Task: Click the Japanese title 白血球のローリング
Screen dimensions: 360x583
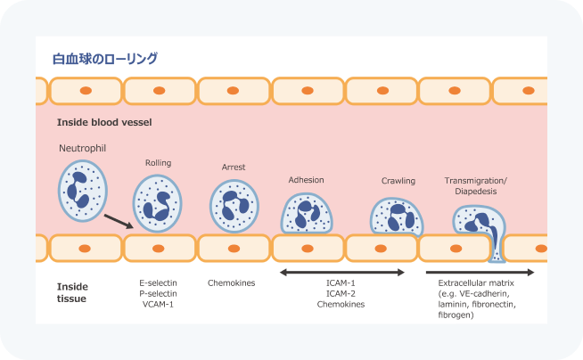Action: click(x=105, y=59)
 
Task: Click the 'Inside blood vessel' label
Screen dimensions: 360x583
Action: click(x=104, y=120)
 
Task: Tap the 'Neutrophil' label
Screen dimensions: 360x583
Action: click(x=83, y=148)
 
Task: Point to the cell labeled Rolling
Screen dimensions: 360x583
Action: click(x=158, y=202)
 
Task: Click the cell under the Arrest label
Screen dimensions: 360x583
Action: click(x=234, y=205)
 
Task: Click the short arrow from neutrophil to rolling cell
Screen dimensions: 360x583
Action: click(x=119, y=220)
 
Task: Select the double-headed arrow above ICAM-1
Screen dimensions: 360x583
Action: click(x=342, y=272)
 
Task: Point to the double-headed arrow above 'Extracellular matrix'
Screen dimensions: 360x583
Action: click(x=480, y=272)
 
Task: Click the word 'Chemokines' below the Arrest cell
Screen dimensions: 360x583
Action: click(x=232, y=283)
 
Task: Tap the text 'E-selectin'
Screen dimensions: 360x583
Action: click(x=157, y=283)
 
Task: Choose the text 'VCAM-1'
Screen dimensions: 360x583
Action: click(x=157, y=305)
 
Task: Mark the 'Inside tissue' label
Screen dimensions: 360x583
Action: click(x=72, y=292)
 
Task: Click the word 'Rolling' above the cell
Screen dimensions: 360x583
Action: click(x=158, y=163)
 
